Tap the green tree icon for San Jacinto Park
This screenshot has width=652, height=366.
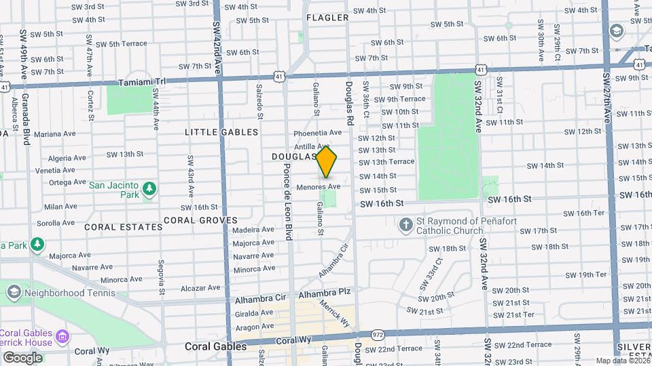(x=149, y=190)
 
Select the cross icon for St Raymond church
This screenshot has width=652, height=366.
(x=405, y=225)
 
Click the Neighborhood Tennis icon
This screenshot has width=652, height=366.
(x=13, y=292)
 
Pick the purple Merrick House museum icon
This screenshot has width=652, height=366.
(x=62, y=336)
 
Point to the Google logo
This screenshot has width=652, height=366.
(x=22, y=358)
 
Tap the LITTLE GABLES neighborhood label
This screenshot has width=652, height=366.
(x=221, y=132)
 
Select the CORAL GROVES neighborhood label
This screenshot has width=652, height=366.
(x=200, y=220)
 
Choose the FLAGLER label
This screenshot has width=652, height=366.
(x=327, y=18)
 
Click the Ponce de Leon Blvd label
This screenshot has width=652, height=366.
(x=289, y=201)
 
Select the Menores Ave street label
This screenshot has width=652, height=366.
(x=318, y=186)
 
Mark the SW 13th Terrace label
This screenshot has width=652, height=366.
(x=386, y=162)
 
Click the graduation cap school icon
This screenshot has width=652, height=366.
(x=617, y=31)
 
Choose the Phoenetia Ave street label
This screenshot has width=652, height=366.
(x=318, y=133)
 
